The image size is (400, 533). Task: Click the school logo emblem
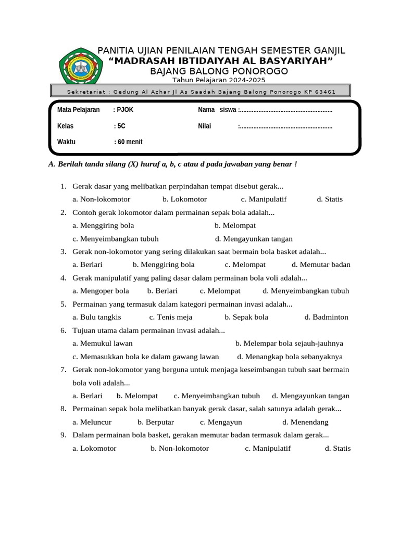tap(79, 66)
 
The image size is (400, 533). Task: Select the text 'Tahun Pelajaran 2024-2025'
tap(219, 80)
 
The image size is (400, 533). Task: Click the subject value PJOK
tap(126, 110)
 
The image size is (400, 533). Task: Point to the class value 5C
tap(121, 126)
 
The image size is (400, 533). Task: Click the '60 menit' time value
tap(130, 142)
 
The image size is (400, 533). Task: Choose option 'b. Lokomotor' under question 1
tap(184, 199)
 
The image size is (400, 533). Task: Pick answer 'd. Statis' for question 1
tap(330, 199)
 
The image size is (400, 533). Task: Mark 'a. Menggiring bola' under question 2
tap(103, 225)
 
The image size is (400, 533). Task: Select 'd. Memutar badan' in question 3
tap(321, 264)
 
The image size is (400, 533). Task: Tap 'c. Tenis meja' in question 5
tap(171, 317)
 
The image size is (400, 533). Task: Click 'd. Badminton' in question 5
tap(327, 317)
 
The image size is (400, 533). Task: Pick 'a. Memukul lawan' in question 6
tap(103, 344)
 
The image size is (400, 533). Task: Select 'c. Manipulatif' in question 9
tap(268, 448)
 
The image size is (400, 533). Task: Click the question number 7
tap(63, 370)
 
